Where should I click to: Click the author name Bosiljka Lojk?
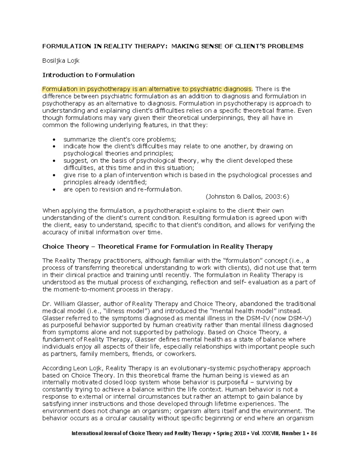(x=61, y=61)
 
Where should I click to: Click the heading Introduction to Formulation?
(x=88, y=75)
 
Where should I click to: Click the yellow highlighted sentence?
(x=147, y=89)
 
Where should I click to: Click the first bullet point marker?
(x=54, y=140)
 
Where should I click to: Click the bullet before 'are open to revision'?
(x=54, y=190)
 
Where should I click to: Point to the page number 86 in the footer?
(x=314, y=434)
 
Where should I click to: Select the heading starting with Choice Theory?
(x=157, y=247)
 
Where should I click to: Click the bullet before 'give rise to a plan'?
(x=54, y=175)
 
